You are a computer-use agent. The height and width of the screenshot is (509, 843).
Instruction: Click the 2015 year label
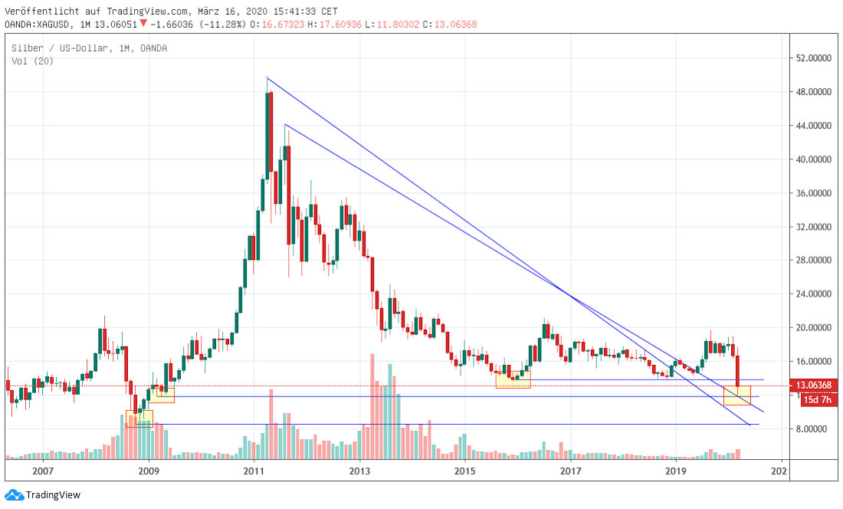point(464,471)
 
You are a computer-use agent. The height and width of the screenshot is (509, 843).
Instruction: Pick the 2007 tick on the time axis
point(43,471)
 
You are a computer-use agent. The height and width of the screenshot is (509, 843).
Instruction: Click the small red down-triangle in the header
point(143,23)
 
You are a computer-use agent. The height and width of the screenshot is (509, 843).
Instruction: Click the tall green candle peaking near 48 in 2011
point(269,138)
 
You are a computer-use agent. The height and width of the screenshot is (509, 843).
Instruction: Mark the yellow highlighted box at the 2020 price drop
point(737,396)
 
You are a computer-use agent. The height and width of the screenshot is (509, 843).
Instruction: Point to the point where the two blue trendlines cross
point(565,291)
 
